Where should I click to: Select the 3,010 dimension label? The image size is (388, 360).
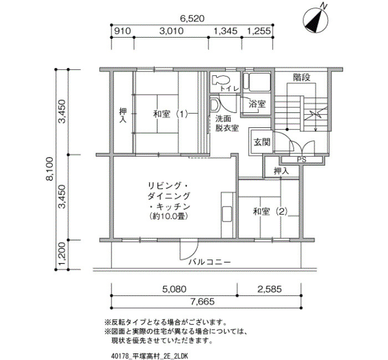coord(171,31)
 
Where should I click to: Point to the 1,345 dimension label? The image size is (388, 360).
coord(226,31)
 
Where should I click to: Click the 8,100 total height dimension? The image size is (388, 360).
coord(49,169)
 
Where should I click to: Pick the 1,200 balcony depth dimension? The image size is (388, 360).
coord(62,254)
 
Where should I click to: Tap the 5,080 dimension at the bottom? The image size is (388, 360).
coord(174,289)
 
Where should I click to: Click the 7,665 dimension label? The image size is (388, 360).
coord(202,302)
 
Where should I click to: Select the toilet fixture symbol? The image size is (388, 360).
coord(221,80)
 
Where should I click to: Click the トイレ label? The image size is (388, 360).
coord(230,89)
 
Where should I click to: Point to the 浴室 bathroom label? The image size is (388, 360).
coord(257,104)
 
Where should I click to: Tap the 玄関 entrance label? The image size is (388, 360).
coord(262,142)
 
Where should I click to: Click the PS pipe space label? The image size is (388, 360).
coord(302,160)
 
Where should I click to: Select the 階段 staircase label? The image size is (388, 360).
coord(302,78)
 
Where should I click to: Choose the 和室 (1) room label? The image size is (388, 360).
coord(171,114)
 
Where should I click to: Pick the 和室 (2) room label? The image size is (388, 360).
coord(270,212)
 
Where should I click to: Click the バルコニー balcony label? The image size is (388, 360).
coord(210,262)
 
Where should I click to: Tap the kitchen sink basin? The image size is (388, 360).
coord(227,214)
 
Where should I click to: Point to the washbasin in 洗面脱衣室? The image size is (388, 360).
coord(214,105)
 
